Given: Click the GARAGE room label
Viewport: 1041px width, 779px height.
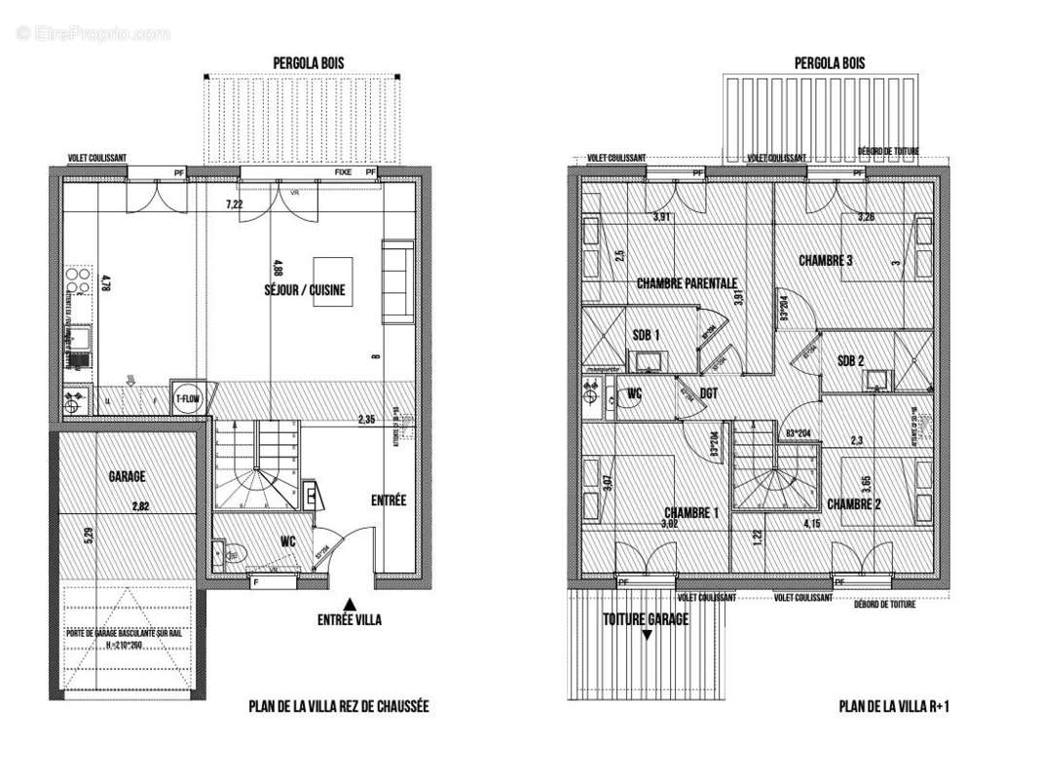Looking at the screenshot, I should pos(128,476).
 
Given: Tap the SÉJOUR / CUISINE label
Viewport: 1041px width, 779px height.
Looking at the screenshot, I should pos(304,290).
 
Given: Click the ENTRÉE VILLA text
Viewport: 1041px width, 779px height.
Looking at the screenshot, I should pos(350,620).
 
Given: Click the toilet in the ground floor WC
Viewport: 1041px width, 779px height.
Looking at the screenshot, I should pos(231,556).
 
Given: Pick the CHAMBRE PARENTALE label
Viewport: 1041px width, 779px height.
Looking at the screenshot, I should pos(688,283).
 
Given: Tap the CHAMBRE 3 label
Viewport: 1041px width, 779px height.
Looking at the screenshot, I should pos(825,260).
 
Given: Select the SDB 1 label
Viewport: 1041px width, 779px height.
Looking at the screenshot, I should pos(647,335).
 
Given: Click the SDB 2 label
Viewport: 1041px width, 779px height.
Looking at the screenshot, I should pos(850,361).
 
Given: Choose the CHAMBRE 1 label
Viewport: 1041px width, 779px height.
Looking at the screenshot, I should pos(690,512).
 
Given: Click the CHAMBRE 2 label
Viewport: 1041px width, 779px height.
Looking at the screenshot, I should pos(853,504).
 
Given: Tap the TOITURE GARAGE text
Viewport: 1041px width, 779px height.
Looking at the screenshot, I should pos(645,619).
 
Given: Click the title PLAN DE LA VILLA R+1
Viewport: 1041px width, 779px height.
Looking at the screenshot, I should pos(893,707).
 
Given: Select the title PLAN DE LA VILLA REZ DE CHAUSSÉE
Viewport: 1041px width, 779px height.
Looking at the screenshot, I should pos(338,707).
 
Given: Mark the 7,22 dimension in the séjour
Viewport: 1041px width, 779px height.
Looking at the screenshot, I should pos(234,204).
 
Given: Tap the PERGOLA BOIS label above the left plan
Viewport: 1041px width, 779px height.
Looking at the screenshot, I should pos(307,63).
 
